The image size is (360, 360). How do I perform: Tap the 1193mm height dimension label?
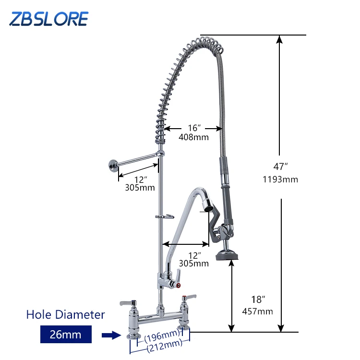tap(280, 180)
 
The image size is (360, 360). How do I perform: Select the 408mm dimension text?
tap(194, 137)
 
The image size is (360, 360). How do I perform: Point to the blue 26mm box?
tap(66, 334)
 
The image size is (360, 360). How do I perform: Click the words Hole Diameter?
tap(66, 314)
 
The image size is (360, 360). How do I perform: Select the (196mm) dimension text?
tap(160, 334)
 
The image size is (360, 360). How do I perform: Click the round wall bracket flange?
tap(112, 166)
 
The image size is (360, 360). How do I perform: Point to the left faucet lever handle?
tap(127, 302)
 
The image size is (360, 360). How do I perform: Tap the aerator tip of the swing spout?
tap(207, 208)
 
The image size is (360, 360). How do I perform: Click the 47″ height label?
tap(280, 167)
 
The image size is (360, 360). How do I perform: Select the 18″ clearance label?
tap(258, 299)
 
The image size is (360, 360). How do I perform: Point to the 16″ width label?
tap(194, 128)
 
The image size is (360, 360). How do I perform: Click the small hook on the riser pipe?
tap(165, 217)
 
